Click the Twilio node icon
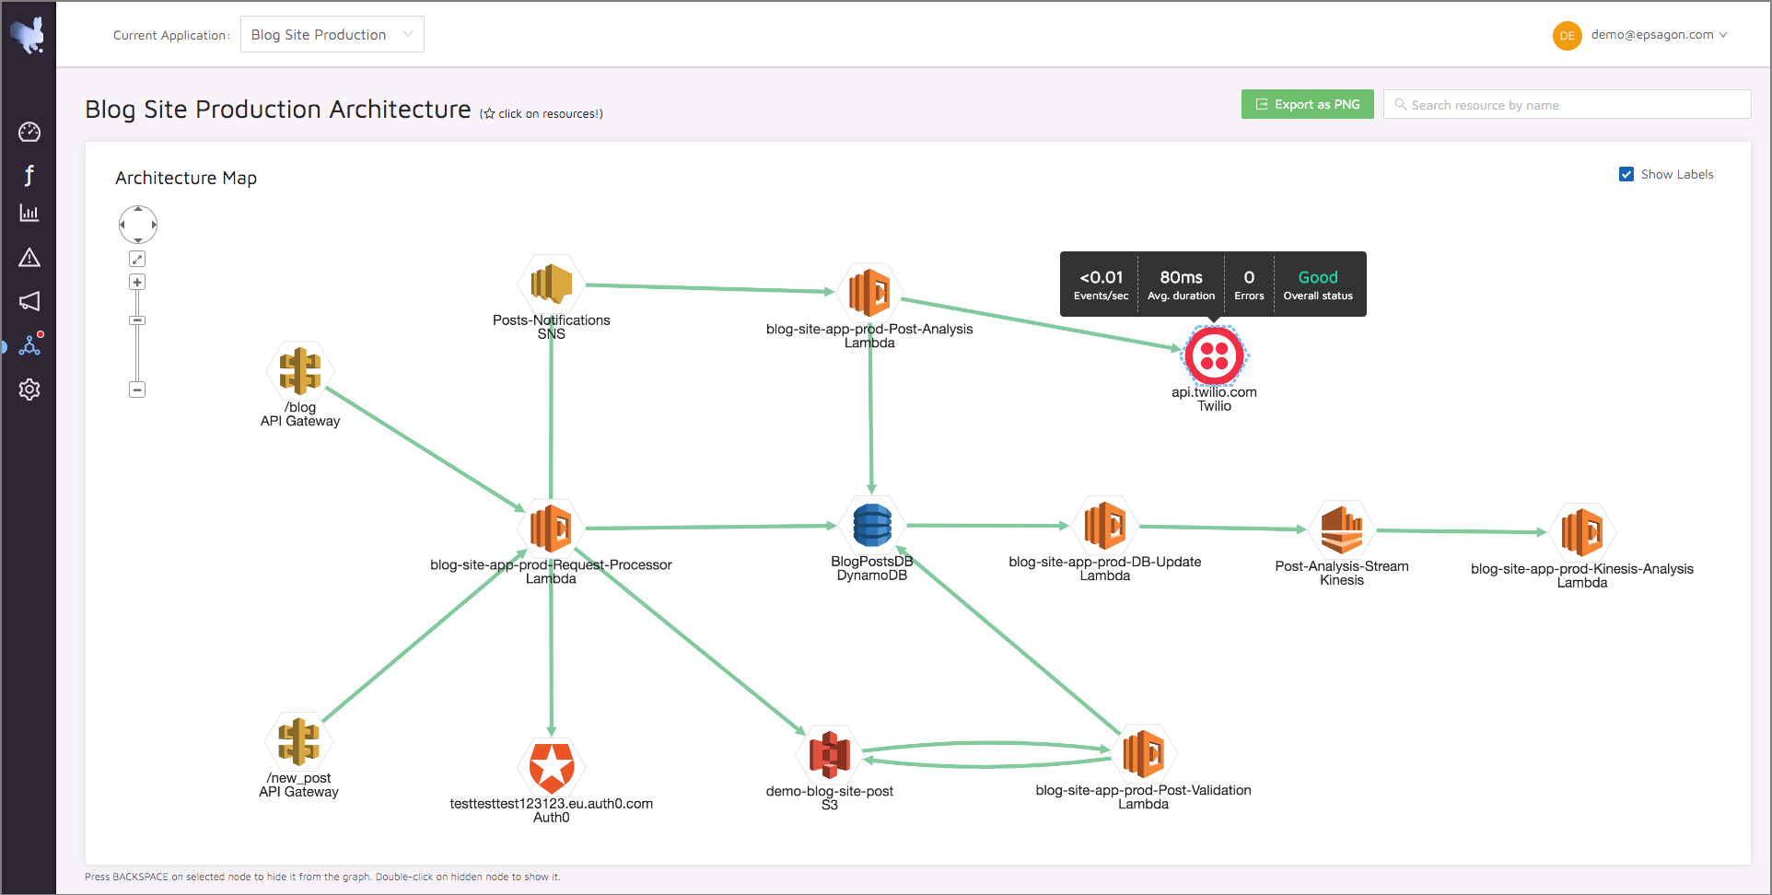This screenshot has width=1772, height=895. click(x=1214, y=355)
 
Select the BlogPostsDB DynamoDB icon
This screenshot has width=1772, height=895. click(x=871, y=525)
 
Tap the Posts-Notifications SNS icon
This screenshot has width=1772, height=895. click(x=551, y=284)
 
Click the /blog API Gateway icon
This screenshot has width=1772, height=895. click(x=300, y=370)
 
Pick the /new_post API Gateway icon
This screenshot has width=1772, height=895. click(x=298, y=741)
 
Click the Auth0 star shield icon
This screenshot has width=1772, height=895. click(x=552, y=766)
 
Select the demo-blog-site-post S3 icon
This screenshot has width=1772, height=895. click(x=829, y=754)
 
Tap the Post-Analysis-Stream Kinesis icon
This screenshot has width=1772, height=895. click(x=1341, y=529)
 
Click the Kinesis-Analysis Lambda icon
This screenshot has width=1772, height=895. click(x=1581, y=531)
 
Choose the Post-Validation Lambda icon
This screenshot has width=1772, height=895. click(x=1143, y=753)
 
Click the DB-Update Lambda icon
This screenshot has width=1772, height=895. click(x=1104, y=525)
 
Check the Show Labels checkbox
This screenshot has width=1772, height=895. click(x=1626, y=174)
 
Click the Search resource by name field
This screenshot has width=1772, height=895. click(x=1567, y=104)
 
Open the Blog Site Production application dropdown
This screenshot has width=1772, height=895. click(x=332, y=34)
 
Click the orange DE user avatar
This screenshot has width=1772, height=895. click(x=1567, y=36)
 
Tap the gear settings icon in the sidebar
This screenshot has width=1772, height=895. click(x=29, y=389)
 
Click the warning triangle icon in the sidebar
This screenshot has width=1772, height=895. click(x=29, y=257)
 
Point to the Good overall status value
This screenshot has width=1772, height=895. click(x=1318, y=277)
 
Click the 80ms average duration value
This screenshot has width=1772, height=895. click(x=1181, y=277)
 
